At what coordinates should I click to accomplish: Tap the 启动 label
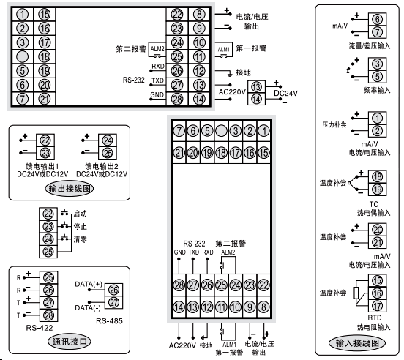[x=81, y=213]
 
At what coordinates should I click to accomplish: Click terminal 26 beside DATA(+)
[x=113, y=290]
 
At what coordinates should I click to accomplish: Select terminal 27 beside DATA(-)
[x=113, y=303]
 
